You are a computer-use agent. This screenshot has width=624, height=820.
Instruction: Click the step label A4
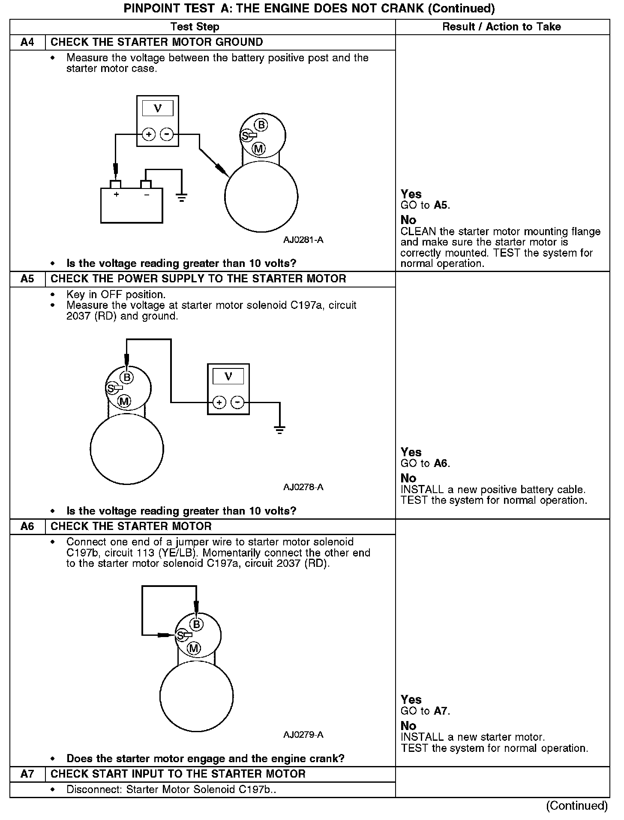27,42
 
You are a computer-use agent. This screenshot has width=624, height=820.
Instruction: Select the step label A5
27,279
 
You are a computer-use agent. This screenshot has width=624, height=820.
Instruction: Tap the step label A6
27,527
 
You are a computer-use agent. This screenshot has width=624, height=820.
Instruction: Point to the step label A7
27,774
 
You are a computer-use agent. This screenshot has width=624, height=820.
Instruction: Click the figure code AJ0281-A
303,240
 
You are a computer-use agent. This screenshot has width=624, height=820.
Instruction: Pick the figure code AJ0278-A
303,487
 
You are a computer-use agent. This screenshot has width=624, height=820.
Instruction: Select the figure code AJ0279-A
303,735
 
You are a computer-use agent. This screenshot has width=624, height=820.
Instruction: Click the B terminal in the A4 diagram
261,125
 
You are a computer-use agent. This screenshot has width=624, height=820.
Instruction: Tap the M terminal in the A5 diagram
124,401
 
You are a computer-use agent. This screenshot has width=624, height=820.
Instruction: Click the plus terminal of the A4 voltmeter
149,135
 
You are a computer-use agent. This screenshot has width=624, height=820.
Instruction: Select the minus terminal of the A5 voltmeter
237,402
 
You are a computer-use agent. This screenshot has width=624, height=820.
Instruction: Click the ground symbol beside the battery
182,198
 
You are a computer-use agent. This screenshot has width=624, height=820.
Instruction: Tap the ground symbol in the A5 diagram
279,430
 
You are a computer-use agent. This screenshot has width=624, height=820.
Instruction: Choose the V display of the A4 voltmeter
158,108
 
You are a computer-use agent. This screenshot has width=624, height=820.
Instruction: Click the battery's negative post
146,185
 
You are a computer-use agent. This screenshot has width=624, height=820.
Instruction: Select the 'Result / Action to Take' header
501,27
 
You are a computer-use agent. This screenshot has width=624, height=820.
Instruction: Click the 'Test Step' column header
195,27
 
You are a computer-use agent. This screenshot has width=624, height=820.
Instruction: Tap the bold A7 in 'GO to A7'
441,711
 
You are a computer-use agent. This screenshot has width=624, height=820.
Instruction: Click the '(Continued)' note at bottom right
576,806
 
